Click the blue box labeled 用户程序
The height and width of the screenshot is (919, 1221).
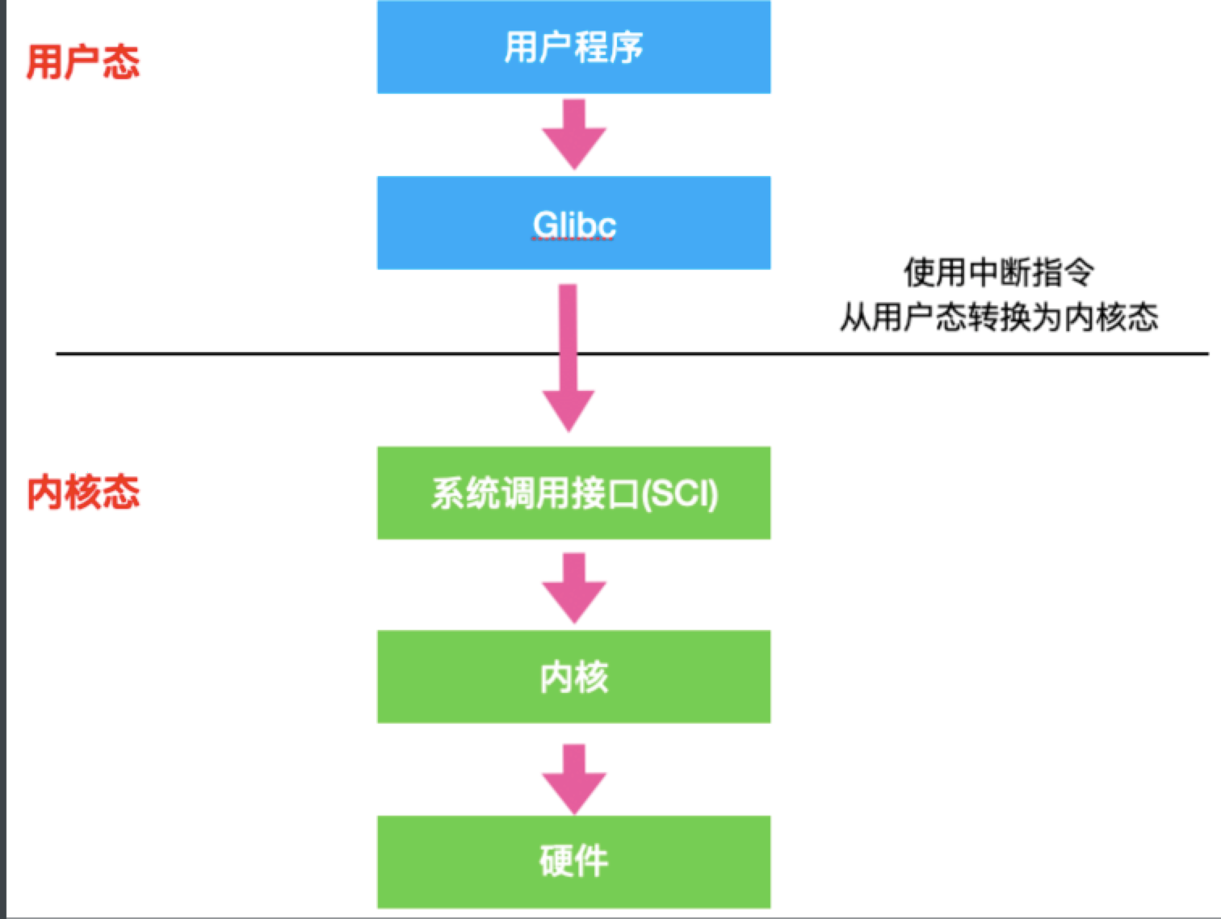(x=573, y=47)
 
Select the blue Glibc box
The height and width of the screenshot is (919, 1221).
(x=573, y=223)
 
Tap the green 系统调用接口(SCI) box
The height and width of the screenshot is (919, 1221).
(x=573, y=493)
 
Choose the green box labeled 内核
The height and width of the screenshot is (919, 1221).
(x=573, y=677)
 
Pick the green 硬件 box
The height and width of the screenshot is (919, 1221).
(x=573, y=861)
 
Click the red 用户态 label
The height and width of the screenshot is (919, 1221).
(x=82, y=62)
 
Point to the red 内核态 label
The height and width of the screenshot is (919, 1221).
(x=82, y=492)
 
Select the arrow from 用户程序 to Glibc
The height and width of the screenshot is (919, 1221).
(x=573, y=134)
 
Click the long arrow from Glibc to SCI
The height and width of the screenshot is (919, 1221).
(x=569, y=355)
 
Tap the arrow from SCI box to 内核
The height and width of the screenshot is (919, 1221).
(x=573, y=587)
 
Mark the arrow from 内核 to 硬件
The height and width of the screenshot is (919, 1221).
(x=573, y=778)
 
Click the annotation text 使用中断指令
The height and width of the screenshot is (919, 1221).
(x=998, y=273)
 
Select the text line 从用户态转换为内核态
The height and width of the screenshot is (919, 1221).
(x=998, y=317)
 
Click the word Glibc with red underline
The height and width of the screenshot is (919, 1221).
(x=573, y=225)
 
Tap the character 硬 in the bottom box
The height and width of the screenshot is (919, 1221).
(x=556, y=861)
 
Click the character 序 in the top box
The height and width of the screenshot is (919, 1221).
(x=626, y=47)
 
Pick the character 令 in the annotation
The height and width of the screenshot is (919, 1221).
(x=1079, y=273)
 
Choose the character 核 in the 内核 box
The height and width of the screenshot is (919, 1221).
(x=591, y=677)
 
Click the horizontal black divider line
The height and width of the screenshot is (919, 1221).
(x=888, y=354)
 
